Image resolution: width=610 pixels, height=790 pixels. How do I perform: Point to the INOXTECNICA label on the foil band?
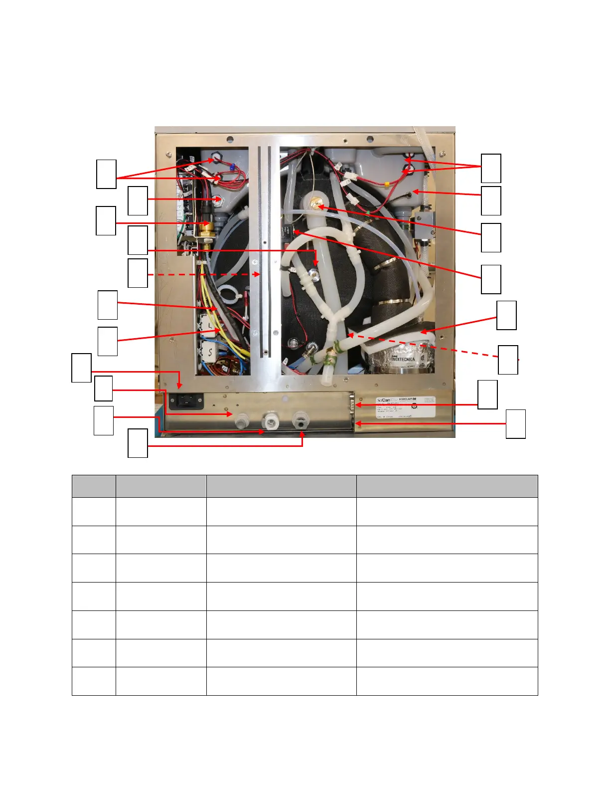coord(402,359)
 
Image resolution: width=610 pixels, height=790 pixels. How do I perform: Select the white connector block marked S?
coord(210,352)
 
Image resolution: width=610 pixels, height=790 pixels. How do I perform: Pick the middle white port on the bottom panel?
coord(270,421)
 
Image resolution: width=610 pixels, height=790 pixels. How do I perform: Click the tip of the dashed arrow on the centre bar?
coord(258,274)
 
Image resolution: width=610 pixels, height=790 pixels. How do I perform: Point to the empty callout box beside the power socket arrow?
coord(82,368)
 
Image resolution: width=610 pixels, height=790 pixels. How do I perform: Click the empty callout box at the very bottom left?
coord(138,443)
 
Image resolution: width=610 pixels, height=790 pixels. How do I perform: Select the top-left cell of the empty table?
coord(94,486)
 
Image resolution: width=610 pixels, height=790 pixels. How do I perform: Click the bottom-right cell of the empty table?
coord(447,681)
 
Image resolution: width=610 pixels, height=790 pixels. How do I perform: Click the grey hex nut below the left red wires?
coord(218,200)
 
